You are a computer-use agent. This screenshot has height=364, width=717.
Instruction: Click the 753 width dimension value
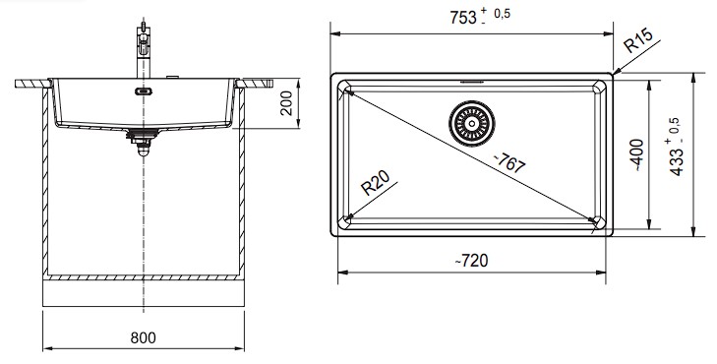[x=463, y=19]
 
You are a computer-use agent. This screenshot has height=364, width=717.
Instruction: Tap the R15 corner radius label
[x=638, y=39]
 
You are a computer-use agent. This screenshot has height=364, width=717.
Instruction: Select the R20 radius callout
[x=375, y=182]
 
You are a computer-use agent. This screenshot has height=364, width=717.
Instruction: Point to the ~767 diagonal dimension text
[x=509, y=162]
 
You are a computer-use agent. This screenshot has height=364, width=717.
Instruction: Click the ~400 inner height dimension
[x=637, y=155]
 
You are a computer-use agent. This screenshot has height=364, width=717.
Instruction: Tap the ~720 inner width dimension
[x=471, y=261]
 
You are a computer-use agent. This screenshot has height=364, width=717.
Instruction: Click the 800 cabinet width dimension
[x=144, y=338]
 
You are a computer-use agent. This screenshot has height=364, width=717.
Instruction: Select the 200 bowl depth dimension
[x=286, y=103]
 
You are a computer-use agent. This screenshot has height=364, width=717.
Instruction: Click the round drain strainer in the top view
[x=471, y=124]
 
